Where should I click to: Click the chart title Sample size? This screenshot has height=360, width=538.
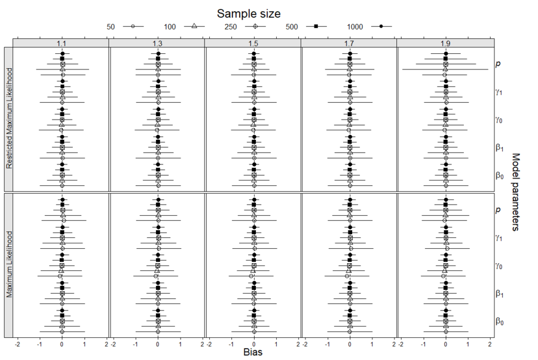249,13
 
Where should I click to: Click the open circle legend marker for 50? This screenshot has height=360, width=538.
133,26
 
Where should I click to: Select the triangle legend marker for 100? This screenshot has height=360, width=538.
195,26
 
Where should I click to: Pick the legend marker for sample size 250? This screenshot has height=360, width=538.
255,26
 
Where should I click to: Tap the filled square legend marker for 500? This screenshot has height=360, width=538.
317,26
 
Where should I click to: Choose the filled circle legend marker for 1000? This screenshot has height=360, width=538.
381,26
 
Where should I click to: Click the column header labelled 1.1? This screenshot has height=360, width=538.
62,44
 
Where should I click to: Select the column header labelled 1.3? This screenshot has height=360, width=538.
158,44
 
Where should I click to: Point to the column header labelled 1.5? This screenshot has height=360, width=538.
253,44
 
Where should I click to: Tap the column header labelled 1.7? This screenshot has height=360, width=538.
350,44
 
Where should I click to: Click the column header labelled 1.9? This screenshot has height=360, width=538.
446,44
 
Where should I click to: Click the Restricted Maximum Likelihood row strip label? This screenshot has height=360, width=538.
8,118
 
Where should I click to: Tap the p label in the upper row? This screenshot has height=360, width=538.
498,63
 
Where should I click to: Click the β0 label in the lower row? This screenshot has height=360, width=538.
499,322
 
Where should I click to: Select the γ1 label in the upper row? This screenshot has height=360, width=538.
499,91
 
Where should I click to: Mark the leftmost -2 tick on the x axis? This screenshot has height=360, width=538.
17,344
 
